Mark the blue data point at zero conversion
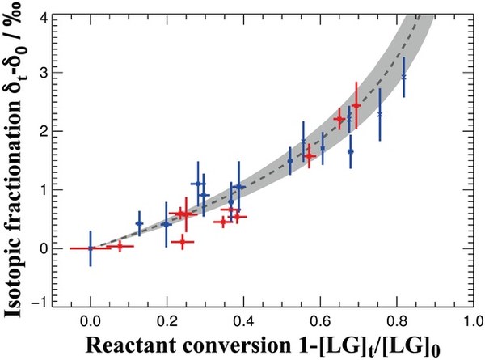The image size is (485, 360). (91, 248)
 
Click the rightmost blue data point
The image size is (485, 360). (403, 76)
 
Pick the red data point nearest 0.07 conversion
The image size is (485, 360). (120, 246)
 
